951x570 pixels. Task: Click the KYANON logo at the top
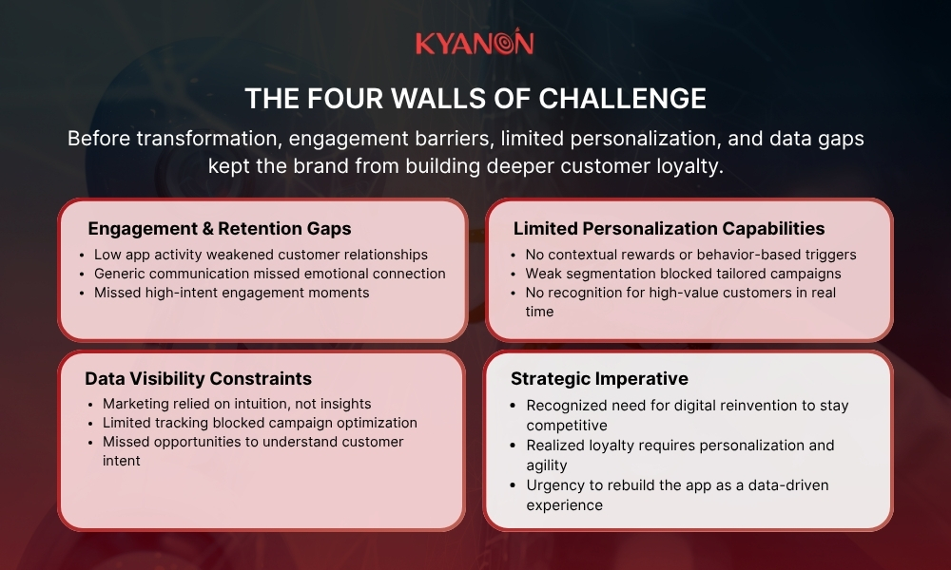[475, 44]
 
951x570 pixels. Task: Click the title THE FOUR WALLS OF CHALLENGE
[475, 99]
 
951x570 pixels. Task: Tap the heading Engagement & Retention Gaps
[220, 228]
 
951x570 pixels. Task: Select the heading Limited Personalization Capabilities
[669, 228]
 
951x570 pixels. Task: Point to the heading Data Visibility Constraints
[198, 378]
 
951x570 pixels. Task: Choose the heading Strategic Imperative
[599, 378]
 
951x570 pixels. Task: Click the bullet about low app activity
[261, 255]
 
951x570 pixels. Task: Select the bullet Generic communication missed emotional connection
[269, 274]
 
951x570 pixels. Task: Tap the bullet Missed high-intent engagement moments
[231, 293]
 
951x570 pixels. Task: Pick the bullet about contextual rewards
[690, 255]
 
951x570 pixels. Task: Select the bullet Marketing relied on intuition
[237, 404]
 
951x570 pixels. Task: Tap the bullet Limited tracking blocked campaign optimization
[260, 423]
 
